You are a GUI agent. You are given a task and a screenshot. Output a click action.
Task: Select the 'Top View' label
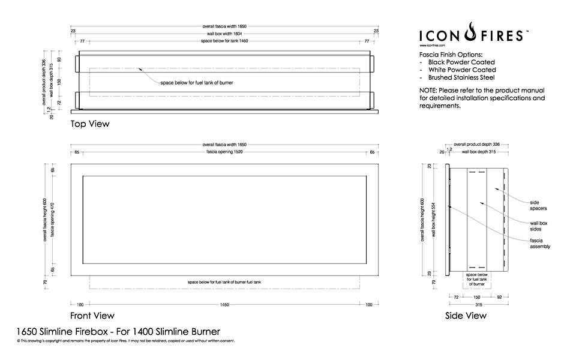pyautogui.click(x=90, y=124)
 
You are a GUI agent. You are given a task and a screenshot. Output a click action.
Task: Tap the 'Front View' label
pyautogui.click(x=92, y=316)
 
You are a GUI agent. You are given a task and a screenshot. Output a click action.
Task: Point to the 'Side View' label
pyautogui.click(x=466, y=316)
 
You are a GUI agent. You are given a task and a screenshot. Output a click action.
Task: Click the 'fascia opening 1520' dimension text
pyautogui.click(x=224, y=152)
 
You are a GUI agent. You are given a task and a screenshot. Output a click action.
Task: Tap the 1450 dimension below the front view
pyautogui.click(x=224, y=305)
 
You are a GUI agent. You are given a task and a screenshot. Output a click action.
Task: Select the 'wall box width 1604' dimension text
pyautogui.click(x=224, y=34)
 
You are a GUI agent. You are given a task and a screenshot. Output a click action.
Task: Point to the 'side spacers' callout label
pyautogui.click(x=538, y=205)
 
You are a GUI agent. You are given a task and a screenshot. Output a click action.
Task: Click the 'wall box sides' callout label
pyautogui.click(x=538, y=226)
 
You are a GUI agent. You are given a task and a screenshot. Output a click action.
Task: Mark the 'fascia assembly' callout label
pyautogui.click(x=540, y=244)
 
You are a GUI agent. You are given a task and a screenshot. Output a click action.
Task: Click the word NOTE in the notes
pyautogui.click(x=428, y=90)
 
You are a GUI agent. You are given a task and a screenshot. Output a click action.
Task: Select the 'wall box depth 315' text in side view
pyautogui.click(x=478, y=152)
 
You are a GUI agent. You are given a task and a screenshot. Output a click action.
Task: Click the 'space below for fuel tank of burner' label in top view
pyautogui.click(x=196, y=82)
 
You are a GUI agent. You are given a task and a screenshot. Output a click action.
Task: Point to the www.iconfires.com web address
pyautogui.click(x=432, y=45)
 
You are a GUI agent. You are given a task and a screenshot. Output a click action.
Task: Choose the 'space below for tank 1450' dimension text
pyautogui.click(x=224, y=41)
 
